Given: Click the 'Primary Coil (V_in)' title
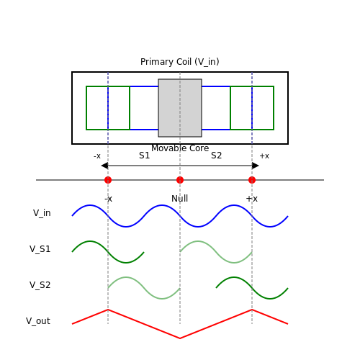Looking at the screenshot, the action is [x=180, y=62].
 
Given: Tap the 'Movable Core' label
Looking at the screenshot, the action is [x=180, y=148].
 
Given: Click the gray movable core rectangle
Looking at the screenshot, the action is [x=180, y=108].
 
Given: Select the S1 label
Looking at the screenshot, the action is [x=144, y=156].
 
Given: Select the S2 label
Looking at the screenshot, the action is [x=216, y=156].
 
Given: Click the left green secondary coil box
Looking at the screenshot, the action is [x=86, y=108].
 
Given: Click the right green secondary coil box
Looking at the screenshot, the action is [x=274, y=108].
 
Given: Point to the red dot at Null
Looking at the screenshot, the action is [x=180, y=180].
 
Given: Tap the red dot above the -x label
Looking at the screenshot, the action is [x=108, y=180].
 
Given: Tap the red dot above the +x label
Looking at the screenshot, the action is [x=252, y=180].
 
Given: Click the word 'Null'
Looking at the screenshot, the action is [x=180, y=199].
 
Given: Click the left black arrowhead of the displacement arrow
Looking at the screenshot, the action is [x=104, y=166].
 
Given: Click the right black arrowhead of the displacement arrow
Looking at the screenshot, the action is [x=256, y=166].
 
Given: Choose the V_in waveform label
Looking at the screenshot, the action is [x=42, y=213].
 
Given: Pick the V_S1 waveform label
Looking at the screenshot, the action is [x=40, y=249].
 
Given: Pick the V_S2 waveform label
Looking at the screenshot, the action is [x=40, y=285].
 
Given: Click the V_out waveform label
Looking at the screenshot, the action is [x=38, y=321].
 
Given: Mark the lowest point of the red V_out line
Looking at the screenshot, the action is [x=180, y=338].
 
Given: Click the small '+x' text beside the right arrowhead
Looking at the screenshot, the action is [x=264, y=156].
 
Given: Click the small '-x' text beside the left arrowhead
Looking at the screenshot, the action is [x=97, y=156].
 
